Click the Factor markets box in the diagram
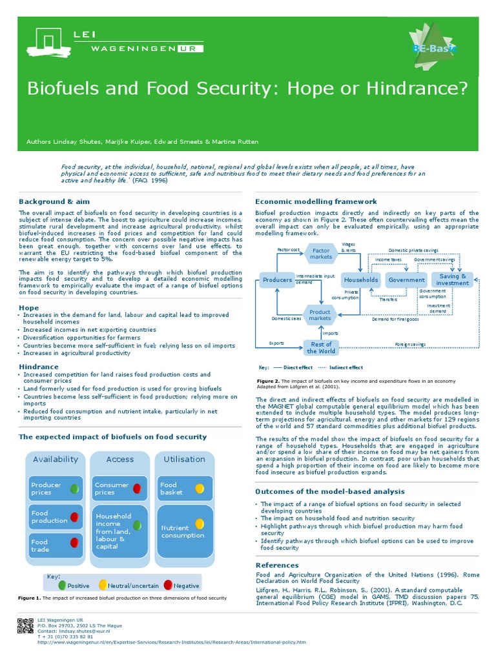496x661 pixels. pos(321,254)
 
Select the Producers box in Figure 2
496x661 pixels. pos(277,280)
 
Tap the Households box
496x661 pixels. pos(361,280)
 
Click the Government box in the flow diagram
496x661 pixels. pos(407,280)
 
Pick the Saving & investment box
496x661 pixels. pos(453,280)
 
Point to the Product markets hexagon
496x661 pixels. pos(320,315)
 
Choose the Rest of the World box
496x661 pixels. pos(321,347)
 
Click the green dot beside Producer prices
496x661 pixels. pos(75,489)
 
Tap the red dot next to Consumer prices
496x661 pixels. pos(138,489)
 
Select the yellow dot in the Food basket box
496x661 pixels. pos(200,488)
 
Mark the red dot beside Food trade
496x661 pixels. pos(75,542)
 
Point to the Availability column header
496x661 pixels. pos(56,460)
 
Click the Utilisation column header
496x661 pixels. pos(184,460)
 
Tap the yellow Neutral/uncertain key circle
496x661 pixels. pos(103,585)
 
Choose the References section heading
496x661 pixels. pos(277,565)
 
